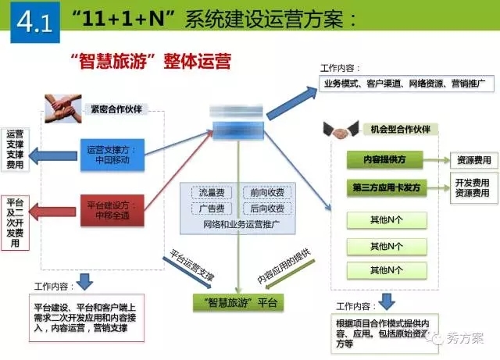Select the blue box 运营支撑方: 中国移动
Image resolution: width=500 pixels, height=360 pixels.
coord(114,153)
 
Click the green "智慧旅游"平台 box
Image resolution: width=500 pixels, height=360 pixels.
coord(238,301)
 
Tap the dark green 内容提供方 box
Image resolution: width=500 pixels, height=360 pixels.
coord(384,160)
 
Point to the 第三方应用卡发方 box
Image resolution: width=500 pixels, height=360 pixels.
coord(384,187)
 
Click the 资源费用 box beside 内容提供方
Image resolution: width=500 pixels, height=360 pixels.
coord(473,160)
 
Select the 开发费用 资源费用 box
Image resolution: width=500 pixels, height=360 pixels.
coord(473,187)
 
